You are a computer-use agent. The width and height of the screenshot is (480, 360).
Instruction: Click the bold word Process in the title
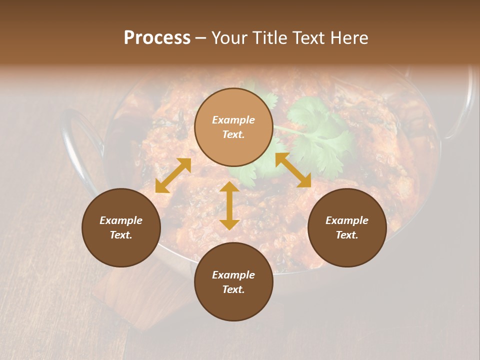point(157,38)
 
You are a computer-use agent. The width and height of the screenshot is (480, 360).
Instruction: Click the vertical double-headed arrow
point(229,205)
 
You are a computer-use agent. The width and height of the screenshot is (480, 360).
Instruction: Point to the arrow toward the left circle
point(173,175)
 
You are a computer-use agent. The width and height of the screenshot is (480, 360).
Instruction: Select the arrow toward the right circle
point(293,170)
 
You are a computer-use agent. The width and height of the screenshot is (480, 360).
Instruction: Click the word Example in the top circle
point(233,120)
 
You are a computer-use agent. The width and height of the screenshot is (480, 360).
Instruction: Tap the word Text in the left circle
point(121,235)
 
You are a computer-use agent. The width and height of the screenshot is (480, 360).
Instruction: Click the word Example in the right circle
point(347,220)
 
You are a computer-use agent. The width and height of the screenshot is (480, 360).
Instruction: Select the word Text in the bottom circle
point(233,289)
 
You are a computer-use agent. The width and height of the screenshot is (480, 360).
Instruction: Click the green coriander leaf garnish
point(315,130)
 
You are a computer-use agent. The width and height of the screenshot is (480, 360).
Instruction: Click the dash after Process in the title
point(200,38)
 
